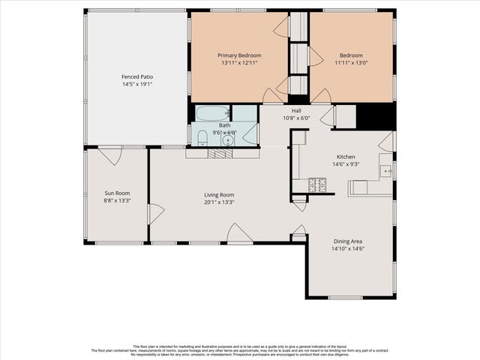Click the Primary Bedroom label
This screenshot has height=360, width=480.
click(x=239, y=55)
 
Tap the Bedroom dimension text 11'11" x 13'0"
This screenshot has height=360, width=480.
click(x=350, y=64)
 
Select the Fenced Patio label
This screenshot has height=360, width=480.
click(x=136, y=76)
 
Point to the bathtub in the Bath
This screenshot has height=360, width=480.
click(x=213, y=114)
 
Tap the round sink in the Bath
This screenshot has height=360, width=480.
click(x=228, y=139)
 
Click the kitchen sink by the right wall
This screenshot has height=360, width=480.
click(x=387, y=171)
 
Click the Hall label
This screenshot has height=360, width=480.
click(x=296, y=110)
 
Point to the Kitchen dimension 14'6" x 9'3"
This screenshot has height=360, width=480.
click(x=345, y=164)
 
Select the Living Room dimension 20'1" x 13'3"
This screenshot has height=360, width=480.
click(x=219, y=202)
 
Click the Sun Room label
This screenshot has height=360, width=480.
click(x=116, y=193)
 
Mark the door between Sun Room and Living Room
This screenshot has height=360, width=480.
click(x=155, y=214)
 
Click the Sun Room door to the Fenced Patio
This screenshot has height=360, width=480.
click(x=110, y=155)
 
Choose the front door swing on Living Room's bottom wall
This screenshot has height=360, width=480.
click(x=238, y=234)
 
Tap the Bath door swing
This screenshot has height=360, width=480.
click(x=250, y=133)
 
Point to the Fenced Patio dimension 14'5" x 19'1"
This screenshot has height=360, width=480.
click(x=136, y=85)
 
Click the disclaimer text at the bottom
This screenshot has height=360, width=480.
click(x=240, y=350)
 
